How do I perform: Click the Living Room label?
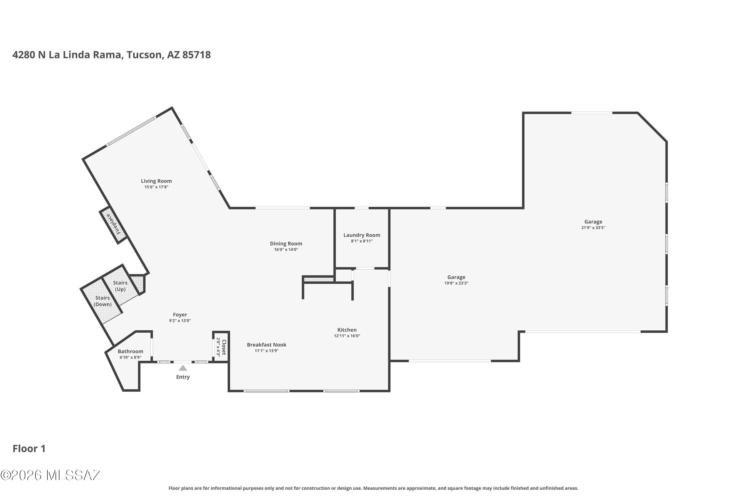point(156,181)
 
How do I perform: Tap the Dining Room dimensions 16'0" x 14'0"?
point(286,250)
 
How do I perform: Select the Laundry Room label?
point(362,235)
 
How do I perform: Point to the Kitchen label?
point(347,330)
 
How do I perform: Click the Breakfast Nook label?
point(266,345)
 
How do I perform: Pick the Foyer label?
point(180,315)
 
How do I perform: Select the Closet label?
point(224,347)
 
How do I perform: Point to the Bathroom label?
point(130,351)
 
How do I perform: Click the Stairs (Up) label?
point(120,286)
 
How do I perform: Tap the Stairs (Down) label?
point(102,301)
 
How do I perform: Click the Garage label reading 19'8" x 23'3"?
point(456,277)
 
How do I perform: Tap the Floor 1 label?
point(29,448)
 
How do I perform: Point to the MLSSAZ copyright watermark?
point(51,475)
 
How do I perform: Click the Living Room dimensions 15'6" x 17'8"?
point(156,187)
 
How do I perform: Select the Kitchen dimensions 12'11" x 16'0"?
point(347,336)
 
